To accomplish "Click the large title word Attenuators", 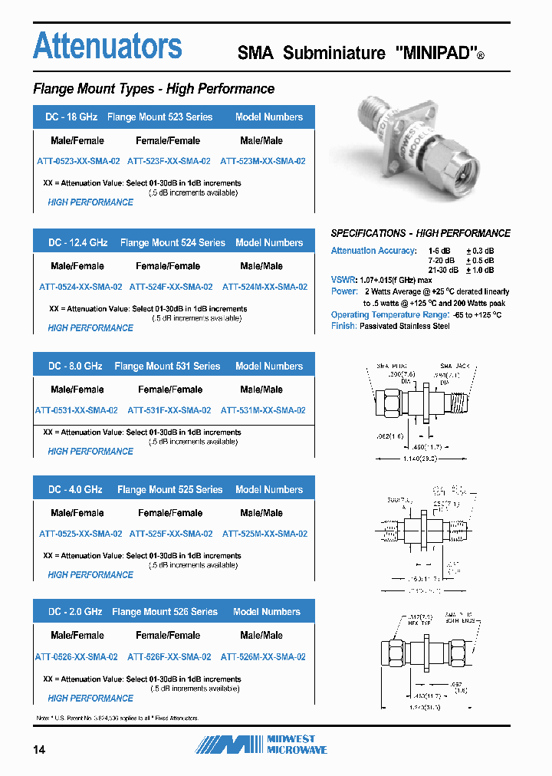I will pos(107,46).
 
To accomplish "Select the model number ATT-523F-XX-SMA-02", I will pos(169,162).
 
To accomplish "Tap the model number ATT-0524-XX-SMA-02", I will pos(80,288).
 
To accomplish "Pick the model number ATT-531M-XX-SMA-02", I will pos(263,411).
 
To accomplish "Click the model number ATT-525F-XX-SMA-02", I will pos(171,534).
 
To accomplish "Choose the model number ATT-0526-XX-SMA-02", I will pos(77,657).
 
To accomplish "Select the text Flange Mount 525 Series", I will pos(169,490).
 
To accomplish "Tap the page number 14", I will pos(39,749).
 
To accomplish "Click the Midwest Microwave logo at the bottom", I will pos(261,744).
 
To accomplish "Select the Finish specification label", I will pos(343,326).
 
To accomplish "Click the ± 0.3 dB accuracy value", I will pos(481,252).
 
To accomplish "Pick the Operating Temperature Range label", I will pos(389,315).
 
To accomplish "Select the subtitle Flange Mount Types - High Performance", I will pos(153,89).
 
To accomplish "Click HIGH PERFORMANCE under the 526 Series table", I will pos(90,699).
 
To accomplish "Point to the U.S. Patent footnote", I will pos(117,718).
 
